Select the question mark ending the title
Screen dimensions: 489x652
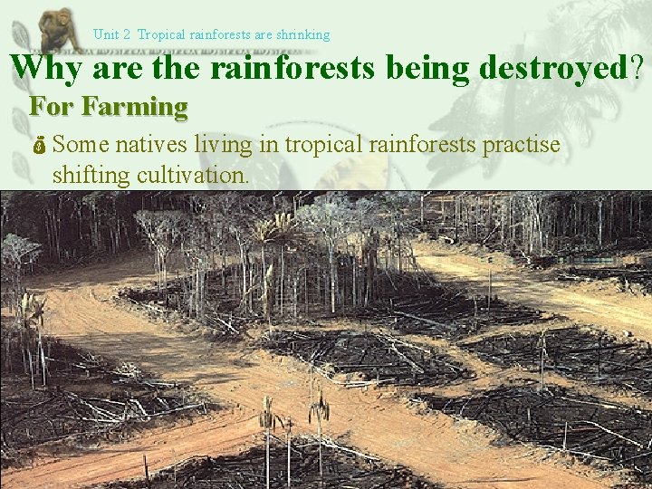click(x=640, y=67)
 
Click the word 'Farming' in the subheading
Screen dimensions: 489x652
click(x=134, y=107)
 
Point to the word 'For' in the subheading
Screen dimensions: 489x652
click(x=52, y=107)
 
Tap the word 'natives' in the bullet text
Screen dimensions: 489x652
click(x=150, y=145)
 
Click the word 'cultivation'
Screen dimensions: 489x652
click(x=191, y=175)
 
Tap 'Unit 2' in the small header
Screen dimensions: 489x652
click(x=111, y=34)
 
